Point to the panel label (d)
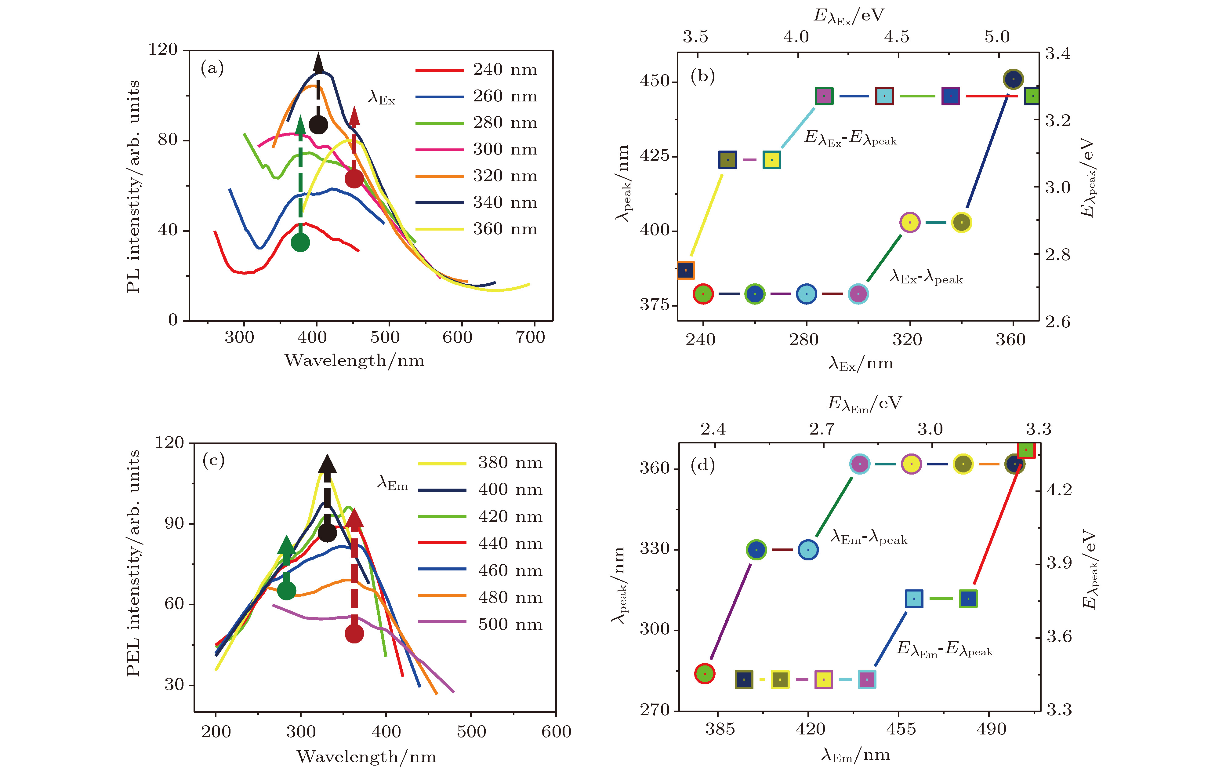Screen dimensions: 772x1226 (703, 464)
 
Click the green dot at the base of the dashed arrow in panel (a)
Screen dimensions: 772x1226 (300, 242)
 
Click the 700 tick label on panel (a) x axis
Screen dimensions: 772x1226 (530, 337)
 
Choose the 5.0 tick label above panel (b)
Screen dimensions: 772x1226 (996, 37)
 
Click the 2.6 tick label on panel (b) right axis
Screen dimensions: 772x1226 (1057, 322)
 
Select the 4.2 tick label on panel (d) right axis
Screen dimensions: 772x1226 (1059, 490)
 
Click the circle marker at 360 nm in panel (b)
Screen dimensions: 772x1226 (1013, 79)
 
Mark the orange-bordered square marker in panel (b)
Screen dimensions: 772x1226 (686, 270)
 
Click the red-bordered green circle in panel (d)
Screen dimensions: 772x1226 (705, 673)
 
